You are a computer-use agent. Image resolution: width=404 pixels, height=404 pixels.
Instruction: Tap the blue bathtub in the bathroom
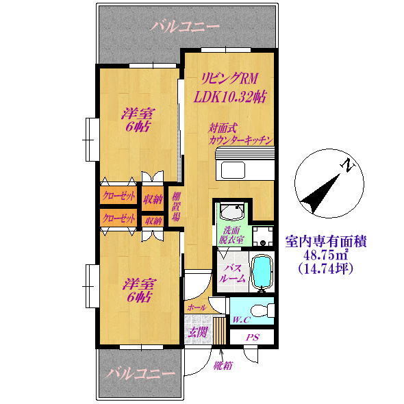[262, 271]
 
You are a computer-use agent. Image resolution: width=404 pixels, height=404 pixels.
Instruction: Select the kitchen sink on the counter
[233, 170]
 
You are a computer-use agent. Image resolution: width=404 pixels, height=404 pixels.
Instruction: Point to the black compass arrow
[320, 194]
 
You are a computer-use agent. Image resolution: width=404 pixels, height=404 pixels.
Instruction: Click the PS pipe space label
[253, 338]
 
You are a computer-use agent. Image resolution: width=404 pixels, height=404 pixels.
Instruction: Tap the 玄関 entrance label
[197, 332]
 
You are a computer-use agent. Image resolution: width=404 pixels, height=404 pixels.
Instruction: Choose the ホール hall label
[197, 307]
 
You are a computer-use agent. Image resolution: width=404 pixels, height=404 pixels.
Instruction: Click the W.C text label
[241, 320]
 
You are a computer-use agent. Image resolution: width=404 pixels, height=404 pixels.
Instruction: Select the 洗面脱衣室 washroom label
[231, 235]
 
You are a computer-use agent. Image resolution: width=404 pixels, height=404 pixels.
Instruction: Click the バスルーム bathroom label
[231, 274]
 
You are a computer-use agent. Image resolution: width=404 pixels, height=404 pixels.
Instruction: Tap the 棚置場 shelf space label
[176, 206]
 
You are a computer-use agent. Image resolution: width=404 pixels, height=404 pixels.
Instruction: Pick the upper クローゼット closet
[118, 197]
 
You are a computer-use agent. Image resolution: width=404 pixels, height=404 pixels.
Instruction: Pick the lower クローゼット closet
[118, 218]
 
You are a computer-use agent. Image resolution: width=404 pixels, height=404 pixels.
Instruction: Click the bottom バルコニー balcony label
[140, 374]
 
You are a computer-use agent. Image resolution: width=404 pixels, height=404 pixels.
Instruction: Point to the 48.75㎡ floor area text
[326, 255]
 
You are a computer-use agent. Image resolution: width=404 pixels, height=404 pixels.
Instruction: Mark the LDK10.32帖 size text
[230, 97]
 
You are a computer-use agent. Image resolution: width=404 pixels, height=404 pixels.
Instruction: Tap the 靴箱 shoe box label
[223, 366]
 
